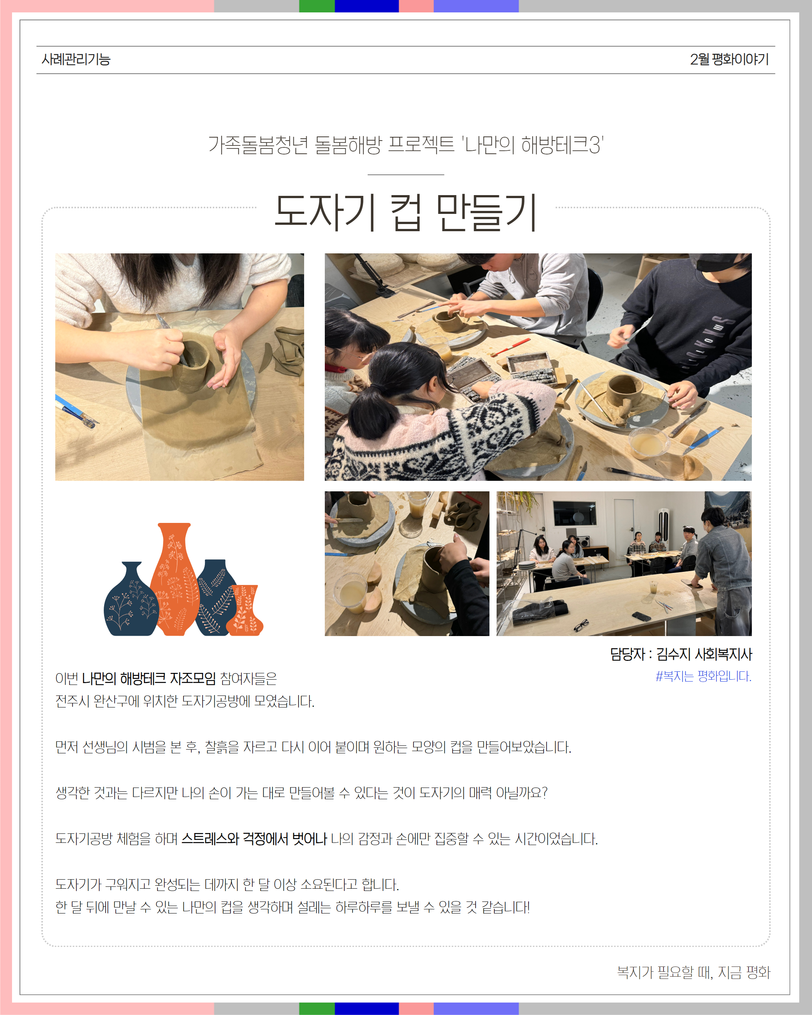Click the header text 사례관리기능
tap(76, 59)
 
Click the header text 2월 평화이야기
tap(729, 59)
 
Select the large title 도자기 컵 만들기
tap(406, 212)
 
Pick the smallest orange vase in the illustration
tap(244, 610)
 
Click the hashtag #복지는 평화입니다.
tap(703, 676)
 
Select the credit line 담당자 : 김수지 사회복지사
tap(681, 654)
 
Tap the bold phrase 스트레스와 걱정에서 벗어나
tap(254, 838)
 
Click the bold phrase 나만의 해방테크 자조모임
tap(149, 679)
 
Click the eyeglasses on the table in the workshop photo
tap(581, 625)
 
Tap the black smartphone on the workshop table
tap(641, 616)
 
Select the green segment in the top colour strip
tap(317, 6)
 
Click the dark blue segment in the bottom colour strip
tap(367, 1009)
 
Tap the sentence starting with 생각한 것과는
tap(301, 793)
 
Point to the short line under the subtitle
tap(406, 175)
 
